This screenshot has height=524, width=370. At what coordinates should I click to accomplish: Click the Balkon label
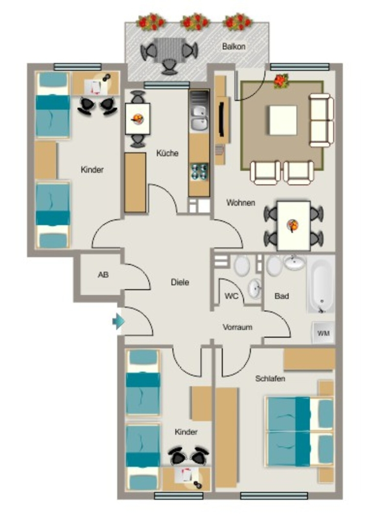(234, 47)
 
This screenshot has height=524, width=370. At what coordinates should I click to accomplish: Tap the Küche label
(167, 153)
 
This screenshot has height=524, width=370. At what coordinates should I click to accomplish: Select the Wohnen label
(241, 203)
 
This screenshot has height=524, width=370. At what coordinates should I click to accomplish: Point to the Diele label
(180, 282)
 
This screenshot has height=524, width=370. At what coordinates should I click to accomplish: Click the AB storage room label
(103, 275)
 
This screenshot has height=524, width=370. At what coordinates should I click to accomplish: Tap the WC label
(231, 296)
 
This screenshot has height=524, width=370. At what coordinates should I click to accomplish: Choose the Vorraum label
(237, 327)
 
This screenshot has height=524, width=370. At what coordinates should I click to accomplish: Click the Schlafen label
(270, 379)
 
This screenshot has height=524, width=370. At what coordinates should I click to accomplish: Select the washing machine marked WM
(323, 333)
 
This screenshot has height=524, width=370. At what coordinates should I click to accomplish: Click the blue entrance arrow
(119, 321)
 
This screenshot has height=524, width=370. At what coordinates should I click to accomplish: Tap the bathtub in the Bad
(320, 285)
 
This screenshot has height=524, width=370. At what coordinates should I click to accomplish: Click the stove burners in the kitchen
(199, 171)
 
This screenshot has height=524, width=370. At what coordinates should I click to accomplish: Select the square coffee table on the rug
(283, 120)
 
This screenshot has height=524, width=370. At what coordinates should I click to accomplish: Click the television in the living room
(221, 120)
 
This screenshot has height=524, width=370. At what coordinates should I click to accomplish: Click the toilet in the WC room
(242, 266)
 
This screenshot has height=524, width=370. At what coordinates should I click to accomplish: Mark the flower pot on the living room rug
(281, 81)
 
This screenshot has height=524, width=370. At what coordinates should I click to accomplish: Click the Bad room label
(282, 296)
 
